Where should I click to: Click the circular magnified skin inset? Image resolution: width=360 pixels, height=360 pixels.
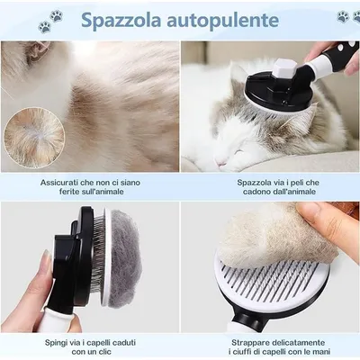click(34, 138)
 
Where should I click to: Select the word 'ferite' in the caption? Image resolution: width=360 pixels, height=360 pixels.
click(67, 192)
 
